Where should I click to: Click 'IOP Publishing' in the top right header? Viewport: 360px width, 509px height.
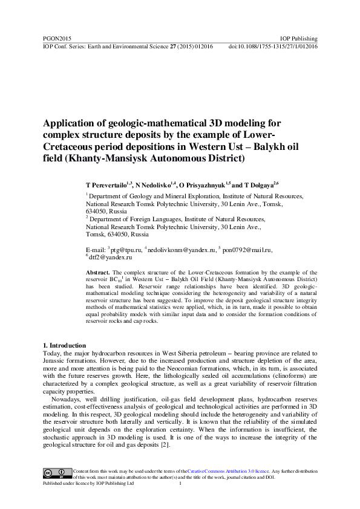[x=299, y=39]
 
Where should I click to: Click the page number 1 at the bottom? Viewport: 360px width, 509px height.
[x=181, y=484]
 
